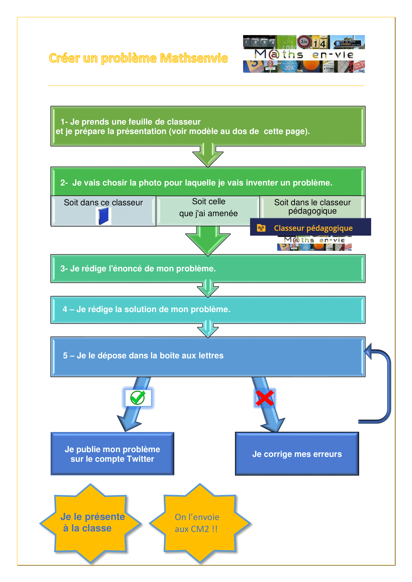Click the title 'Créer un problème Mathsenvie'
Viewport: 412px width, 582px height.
(x=138, y=58)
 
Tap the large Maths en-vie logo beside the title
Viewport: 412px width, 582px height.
(x=304, y=54)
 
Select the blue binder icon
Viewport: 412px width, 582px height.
(x=103, y=216)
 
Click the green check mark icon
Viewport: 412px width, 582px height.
(x=138, y=397)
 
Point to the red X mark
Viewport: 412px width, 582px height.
(x=265, y=398)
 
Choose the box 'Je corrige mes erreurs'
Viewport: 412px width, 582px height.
(x=297, y=454)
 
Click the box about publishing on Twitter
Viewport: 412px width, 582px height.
(x=112, y=454)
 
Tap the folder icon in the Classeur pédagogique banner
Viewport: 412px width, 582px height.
(x=261, y=228)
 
